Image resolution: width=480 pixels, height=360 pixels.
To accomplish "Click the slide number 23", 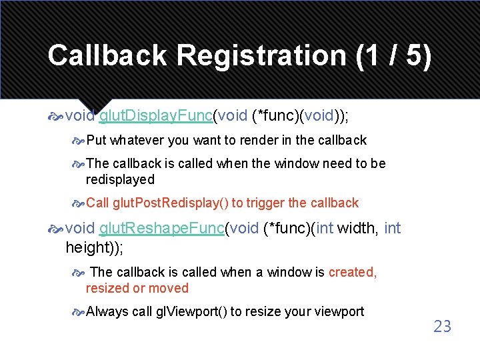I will pos(442,326).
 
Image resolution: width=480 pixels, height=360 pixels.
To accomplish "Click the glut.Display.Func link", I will pos(155,116).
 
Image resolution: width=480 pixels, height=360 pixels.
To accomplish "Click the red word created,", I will pos(353,272).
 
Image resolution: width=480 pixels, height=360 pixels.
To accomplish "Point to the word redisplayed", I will pos(120,179).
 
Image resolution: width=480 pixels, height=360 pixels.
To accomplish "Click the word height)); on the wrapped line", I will pos(94,248).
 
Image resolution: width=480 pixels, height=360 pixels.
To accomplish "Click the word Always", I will pos(107,311).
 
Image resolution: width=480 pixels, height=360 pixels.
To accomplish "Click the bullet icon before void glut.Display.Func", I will pos(55,117).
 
